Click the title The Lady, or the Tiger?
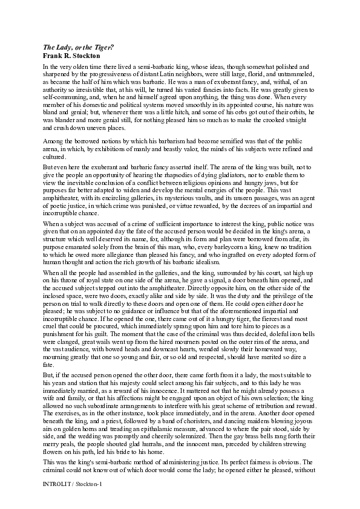coord(80,47)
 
